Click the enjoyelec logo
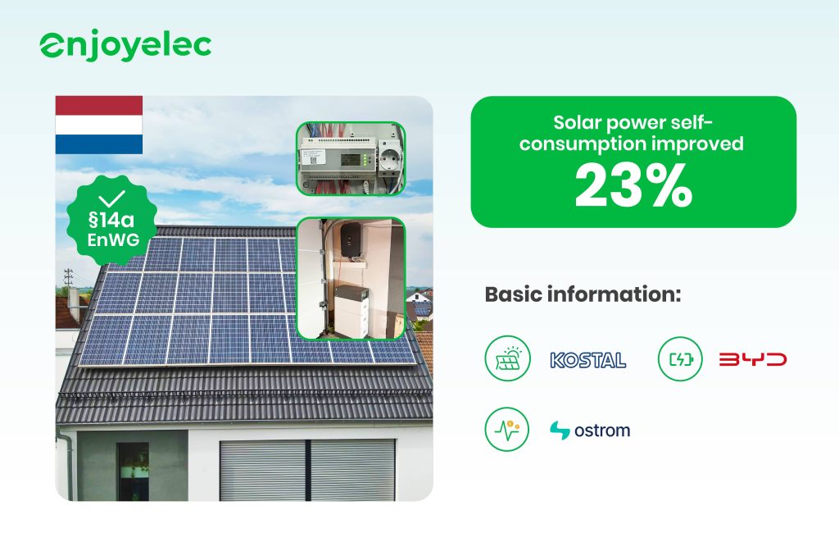pyautogui.click(x=125, y=47)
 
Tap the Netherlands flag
pyautogui.click(x=99, y=125)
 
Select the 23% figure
pyautogui.click(x=633, y=186)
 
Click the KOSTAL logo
pyautogui.click(x=587, y=359)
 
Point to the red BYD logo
pyautogui.click(x=752, y=359)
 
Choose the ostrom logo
pyautogui.click(x=590, y=430)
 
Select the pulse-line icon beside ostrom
pyautogui.click(x=506, y=430)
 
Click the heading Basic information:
pyautogui.click(x=583, y=294)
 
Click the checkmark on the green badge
pyautogui.click(x=111, y=198)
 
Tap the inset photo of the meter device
pyautogui.click(x=351, y=159)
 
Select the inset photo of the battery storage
pyautogui.click(x=351, y=278)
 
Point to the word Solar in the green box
pyautogui.click(x=583, y=123)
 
